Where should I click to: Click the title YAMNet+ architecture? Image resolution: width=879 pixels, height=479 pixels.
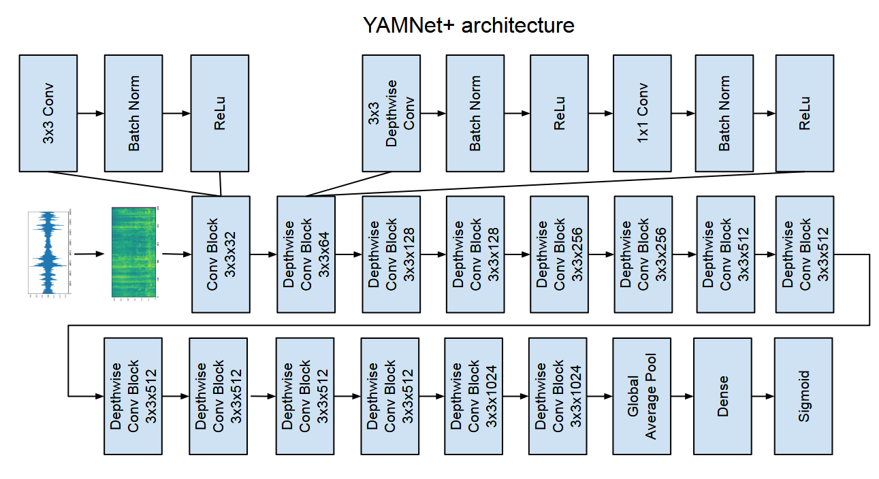click(468, 25)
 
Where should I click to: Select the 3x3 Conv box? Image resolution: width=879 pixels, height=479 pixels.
click(48, 113)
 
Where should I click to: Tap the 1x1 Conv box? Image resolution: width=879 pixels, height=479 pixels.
click(642, 113)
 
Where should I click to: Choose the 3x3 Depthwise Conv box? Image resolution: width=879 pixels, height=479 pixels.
click(391, 113)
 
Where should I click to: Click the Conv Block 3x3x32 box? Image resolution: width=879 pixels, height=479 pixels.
click(221, 254)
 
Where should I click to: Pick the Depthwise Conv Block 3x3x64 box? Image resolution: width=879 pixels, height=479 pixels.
click(306, 254)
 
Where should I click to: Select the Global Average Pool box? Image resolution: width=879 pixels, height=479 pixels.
click(641, 395)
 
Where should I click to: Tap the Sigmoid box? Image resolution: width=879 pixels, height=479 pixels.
click(803, 395)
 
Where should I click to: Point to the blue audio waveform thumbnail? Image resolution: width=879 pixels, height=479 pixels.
click(49, 254)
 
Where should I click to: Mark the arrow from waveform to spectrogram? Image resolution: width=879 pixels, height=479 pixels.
click(89, 254)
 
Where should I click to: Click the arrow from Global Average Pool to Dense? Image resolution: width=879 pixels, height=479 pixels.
click(682, 395)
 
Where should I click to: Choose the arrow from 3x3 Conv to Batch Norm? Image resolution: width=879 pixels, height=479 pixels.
click(91, 113)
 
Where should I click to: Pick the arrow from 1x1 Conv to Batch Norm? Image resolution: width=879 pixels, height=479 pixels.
click(683, 113)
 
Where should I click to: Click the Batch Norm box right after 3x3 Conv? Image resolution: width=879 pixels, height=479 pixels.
click(133, 113)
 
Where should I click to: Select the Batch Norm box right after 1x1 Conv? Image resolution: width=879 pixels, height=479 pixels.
click(724, 113)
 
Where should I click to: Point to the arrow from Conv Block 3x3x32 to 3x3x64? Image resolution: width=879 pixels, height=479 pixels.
click(263, 254)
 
